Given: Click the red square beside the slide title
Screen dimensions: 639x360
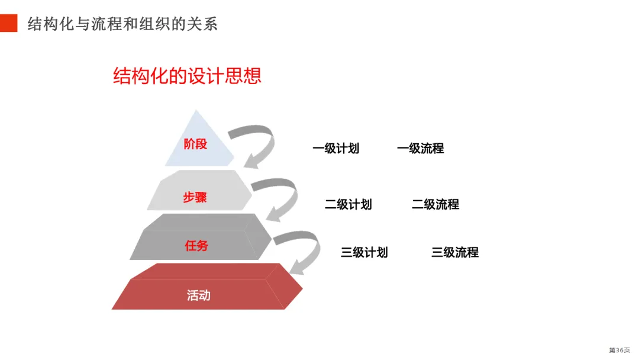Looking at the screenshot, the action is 9,23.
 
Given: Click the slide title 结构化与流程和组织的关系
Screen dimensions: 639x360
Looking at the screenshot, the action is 122,24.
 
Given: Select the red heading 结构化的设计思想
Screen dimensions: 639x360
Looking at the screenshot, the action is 187,76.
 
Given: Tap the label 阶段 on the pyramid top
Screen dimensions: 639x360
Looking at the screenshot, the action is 195,144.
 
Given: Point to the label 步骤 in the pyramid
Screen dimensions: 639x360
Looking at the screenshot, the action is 195,197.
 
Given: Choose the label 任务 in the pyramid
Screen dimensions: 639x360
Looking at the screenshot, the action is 196,245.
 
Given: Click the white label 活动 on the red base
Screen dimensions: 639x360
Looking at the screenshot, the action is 199,295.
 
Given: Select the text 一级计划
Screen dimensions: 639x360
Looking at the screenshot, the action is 336,149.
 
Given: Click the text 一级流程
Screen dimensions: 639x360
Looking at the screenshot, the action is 420,149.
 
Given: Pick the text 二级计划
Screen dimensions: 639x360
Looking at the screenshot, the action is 348,204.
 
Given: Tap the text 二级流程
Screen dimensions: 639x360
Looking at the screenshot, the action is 435,204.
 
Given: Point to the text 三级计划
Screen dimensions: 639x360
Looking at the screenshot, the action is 364,252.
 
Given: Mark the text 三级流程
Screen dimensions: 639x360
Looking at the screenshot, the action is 455,252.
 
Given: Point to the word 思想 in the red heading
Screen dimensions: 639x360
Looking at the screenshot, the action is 243,76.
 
